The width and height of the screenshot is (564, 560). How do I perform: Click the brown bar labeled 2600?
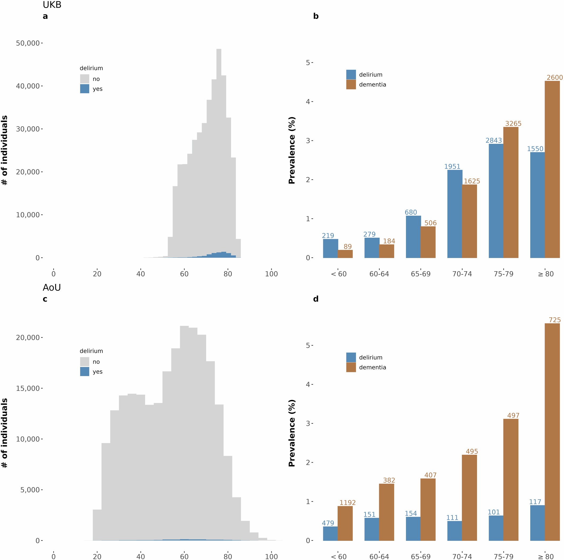pyautogui.click(x=552, y=169)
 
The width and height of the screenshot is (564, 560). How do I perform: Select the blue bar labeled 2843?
pyautogui.click(x=496, y=201)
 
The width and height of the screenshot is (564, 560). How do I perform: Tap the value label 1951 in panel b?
pyautogui.click(x=452, y=166)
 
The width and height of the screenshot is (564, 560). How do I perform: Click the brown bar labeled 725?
pyautogui.click(x=552, y=432)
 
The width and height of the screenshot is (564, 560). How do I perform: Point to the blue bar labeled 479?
pyautogui.click(x=330, y=534)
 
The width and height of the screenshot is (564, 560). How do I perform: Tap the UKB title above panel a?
pyautogui.click(x=52, y=5)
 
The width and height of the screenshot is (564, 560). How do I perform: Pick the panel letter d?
pyautogui.click(x=316, y=299)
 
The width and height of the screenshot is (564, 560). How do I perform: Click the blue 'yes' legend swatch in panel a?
pyautogui.click(x=85, y=89)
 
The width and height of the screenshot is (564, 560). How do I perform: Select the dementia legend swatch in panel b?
pyautogui.click(x=351, y=84)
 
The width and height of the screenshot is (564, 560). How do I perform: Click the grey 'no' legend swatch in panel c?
pyautogui.click(x=85, y=362)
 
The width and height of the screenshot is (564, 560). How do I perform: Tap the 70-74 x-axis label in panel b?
pyautogui.click(x=462, y=274)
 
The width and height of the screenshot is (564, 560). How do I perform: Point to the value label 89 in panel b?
pyautogui.click(x=347, y=247)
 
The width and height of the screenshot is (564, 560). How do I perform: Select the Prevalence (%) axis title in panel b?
pyautogui.click(x=292, y=150)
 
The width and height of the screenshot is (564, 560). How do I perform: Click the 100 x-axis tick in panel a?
pyautogui.click(x=271, y=274)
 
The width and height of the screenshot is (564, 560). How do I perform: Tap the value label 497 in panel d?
pyautogui.click(x=513, y=415)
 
